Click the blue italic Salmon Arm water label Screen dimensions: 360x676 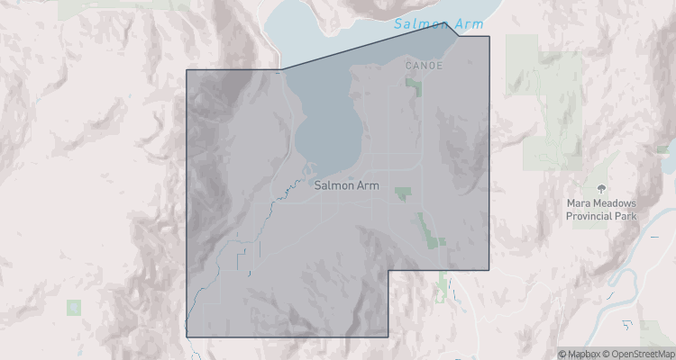(x=440, y=24)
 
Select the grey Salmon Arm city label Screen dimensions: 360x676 (x=347, y=185)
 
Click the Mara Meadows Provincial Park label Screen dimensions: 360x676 (x=601, y=211)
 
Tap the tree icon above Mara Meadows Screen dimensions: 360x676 (x=601, y=188)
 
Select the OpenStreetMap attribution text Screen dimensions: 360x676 (x=638, y=353)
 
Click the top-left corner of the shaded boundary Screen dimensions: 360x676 (x=186, y=70)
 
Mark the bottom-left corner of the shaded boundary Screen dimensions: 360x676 (x=186, y=337)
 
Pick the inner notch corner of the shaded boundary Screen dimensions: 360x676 (x=388, y=270)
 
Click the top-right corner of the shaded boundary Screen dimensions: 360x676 (x=489, y=37)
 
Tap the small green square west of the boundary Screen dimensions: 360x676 (x=73, y=307)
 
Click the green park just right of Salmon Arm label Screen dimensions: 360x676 (x=402, y=193)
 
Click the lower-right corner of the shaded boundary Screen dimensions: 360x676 (x=489, y=270)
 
